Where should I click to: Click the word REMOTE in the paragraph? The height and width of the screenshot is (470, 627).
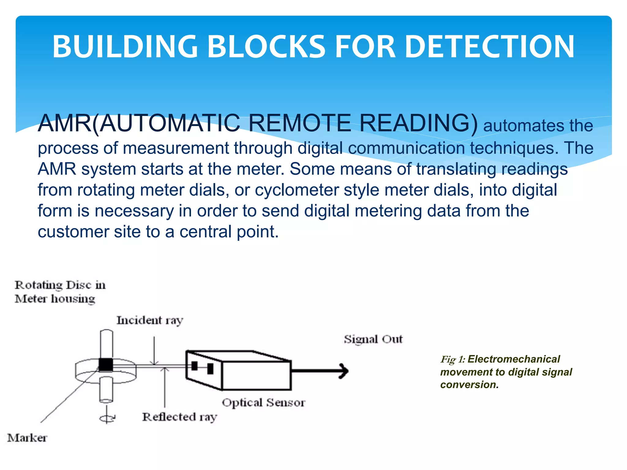(300, 123)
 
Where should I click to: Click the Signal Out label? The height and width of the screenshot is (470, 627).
(373, 339)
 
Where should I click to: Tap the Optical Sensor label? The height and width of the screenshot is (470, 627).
(264, 403)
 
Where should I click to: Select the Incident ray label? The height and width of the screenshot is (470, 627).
(150, 320)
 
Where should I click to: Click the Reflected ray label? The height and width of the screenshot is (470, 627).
(180, 417)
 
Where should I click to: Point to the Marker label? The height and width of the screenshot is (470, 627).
(27, 438)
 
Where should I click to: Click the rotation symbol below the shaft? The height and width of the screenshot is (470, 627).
(107, 418)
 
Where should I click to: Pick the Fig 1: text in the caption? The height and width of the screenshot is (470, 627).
(452, 360)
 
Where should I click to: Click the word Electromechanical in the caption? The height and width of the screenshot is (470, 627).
(514, 359)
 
